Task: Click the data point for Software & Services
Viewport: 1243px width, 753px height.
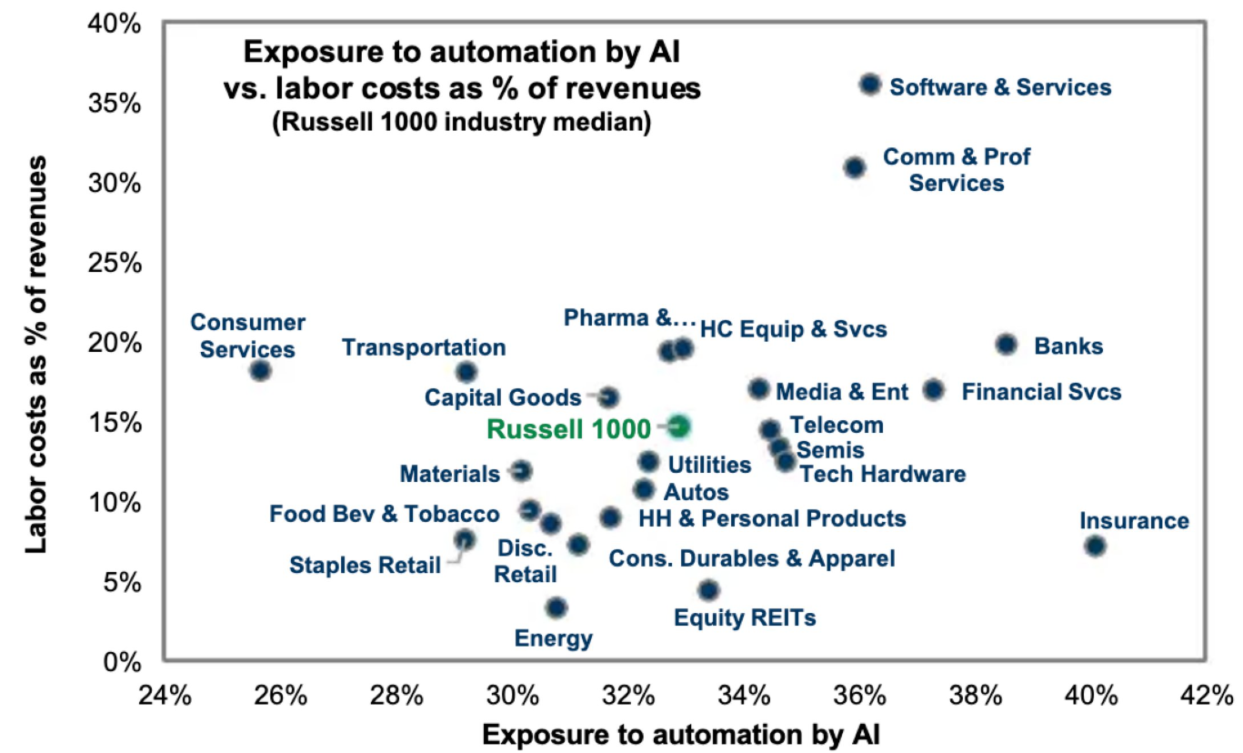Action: point(870,85)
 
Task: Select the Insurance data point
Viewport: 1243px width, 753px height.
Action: point(1095,546)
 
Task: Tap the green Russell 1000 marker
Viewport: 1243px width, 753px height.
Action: point(678,426)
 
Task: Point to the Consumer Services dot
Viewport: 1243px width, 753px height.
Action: point(261,370)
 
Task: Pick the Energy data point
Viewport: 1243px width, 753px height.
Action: point(556,607)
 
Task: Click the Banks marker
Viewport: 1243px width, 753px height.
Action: point(1006,344)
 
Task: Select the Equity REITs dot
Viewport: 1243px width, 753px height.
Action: point(709,590)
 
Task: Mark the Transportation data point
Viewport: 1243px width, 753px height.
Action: point(466,371)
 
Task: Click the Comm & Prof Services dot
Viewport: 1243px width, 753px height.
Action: point(854,167)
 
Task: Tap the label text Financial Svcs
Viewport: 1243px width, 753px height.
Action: point(1041,392)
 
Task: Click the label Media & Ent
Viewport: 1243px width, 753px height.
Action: point(841,392)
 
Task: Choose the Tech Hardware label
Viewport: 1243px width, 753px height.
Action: point(883,474)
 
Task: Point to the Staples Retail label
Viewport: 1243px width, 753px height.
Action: point(365,566)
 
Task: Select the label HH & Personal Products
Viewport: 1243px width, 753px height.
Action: point(772,518)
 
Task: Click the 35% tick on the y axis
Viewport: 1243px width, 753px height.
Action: point(115,103)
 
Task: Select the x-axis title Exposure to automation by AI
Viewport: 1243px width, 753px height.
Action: point(681,733)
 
